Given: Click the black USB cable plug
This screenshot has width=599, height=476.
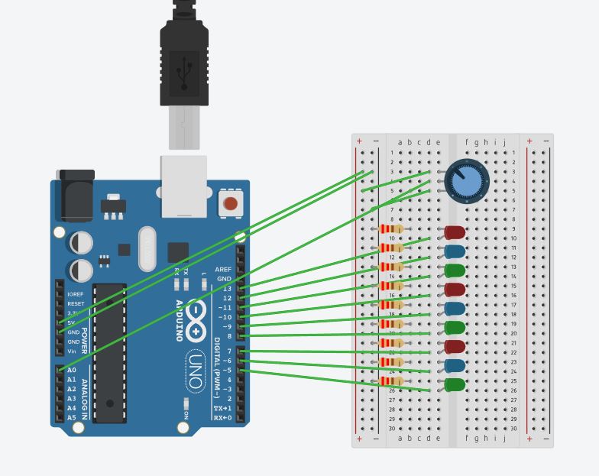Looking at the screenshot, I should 184,61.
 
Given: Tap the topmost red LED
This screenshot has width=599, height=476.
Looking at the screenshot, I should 455,232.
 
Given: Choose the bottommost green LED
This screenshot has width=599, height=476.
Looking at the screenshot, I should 455,384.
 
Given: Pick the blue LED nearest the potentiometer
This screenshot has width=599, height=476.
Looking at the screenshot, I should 455,251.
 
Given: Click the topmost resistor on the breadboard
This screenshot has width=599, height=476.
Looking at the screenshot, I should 390,228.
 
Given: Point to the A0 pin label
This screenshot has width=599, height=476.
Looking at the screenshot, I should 72,371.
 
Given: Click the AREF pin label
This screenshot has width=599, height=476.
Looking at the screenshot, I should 223,270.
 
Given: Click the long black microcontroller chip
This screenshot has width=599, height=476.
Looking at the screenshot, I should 110,352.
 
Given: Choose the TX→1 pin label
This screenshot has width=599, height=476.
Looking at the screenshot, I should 222,409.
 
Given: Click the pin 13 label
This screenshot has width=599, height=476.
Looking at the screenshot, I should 227,289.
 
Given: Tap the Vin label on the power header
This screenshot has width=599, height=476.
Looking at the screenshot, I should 72,351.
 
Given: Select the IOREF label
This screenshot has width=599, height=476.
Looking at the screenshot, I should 76,294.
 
